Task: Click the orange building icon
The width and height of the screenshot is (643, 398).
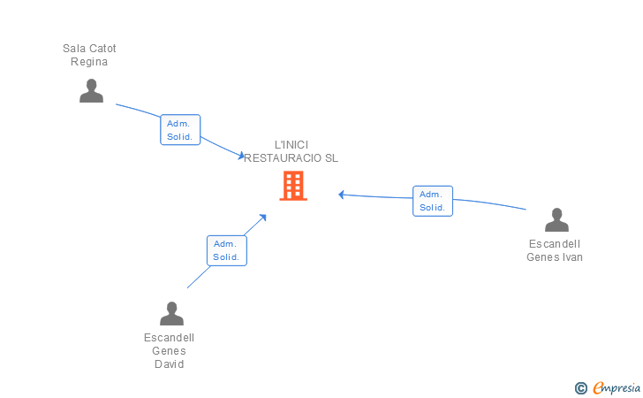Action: tap(293, 186)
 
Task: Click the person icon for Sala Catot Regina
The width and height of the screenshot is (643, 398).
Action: tap(91, 91)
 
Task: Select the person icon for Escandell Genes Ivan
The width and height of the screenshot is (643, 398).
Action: tap(556, 220)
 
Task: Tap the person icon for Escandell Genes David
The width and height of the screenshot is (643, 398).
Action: tap(171, 314)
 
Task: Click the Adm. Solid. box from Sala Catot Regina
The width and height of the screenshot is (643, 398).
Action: tap(180, 130)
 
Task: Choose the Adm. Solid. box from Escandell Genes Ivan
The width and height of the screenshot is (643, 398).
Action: tap(432, 201)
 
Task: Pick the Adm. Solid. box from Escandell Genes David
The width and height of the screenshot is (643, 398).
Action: tap(226, 250)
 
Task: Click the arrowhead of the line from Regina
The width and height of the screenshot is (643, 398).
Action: tap(241, 156)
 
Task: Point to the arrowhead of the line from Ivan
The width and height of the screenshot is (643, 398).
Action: tap(341, 195)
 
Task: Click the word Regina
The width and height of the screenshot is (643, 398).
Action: tap(89, 62)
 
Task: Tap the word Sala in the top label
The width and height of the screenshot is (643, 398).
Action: tap(73, 48)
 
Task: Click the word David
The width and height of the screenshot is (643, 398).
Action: tap(169, 364)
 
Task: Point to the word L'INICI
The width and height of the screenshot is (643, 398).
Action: tap(291, 144)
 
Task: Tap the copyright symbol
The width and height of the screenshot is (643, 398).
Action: tap(581, 387)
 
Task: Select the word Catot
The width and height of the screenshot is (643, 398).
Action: tap(102, 48)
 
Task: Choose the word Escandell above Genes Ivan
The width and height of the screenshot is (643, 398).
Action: tap(555, 244)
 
